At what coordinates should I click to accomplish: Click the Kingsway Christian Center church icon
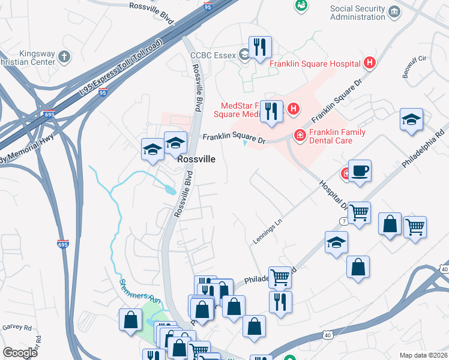point(64,58)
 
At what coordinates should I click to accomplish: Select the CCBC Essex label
point(213,55)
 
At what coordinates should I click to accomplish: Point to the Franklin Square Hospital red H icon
point(370,63)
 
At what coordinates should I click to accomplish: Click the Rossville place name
point(196,161)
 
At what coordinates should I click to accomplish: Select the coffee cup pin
point(360,172)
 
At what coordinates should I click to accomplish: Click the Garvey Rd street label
point(16,328)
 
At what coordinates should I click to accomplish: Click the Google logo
point(20,353)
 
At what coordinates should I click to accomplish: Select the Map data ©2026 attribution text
point(423,355)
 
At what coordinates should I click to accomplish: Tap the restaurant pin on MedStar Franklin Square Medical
point(272,112)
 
